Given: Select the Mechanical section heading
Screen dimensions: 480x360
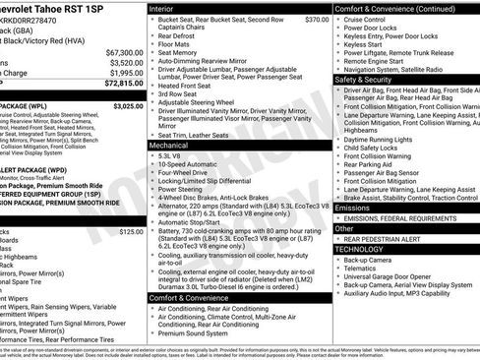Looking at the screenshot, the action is pos(171,144).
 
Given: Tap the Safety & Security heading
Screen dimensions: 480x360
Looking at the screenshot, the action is pos(366,78).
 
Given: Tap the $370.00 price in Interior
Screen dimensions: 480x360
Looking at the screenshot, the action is pos(316,19).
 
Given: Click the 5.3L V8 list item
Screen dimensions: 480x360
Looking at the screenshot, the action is pos(169,155).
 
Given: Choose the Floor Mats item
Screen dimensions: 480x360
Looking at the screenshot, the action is pos(173,44).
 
